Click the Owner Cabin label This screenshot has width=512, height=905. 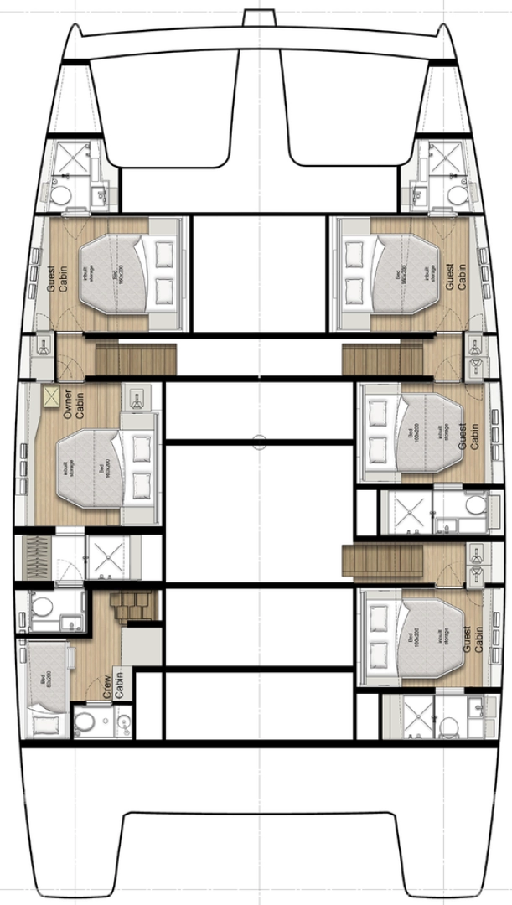75,404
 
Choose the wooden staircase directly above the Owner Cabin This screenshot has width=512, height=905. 137,359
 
